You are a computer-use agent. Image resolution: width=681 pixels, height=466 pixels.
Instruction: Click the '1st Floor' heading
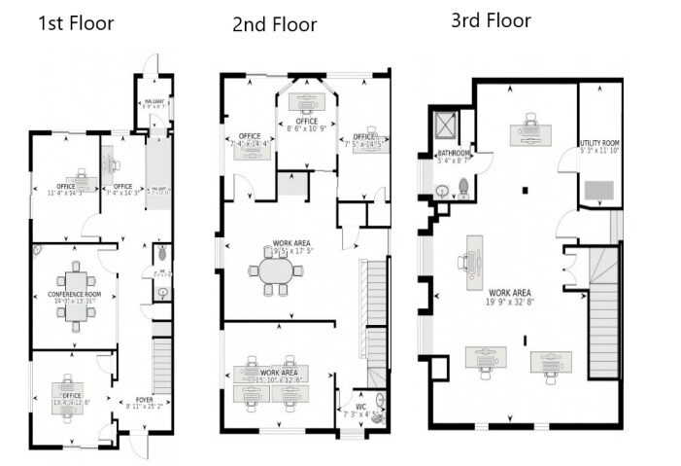(76, 22)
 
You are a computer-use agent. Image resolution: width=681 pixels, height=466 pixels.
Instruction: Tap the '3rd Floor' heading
(491, 19)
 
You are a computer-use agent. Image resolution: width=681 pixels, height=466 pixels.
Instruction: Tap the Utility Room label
(599, 143)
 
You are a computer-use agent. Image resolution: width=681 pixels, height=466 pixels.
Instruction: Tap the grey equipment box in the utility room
(599, 190)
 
